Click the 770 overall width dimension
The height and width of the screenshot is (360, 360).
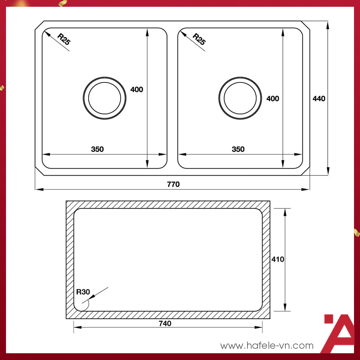pyautogui.click(x=173, y=184)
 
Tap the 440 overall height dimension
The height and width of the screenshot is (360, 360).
pyautogui.click(x=319, y=99)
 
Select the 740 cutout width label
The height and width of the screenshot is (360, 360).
pyautogui.click(x=165, y=323)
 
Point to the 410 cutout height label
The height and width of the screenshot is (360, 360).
pyautogui.click(x=278, y=259)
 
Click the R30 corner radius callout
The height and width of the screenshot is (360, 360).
pyautogui.click(x=83, y=292)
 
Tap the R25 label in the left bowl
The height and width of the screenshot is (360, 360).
pyautogui.click(x=64, y=39)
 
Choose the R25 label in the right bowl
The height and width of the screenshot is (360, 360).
pyautogui.click(x=199, y=39)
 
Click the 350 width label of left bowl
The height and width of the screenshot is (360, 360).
pyautogui.click(x=97, y=149)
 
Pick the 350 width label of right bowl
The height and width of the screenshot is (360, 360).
pyautogui.click(x=238, y=149)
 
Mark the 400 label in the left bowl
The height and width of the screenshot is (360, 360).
pyautogui.click(x=136, y=89)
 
